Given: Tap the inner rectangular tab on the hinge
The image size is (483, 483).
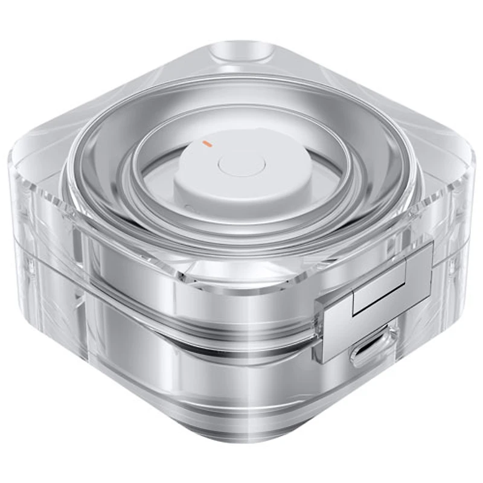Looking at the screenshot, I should click(x=379, y=291).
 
